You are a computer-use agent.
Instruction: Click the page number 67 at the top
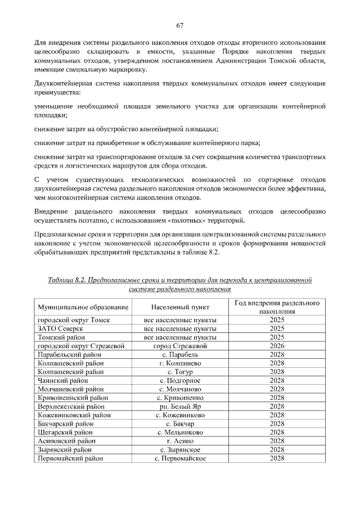coord(180,26)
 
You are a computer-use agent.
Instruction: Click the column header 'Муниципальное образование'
coord(83,308)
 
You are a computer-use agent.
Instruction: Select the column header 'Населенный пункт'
coord(180,308)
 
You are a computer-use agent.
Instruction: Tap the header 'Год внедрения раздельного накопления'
coord(277,307)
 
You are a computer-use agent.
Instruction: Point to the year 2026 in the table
coord(277,346)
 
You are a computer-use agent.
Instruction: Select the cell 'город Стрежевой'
coord(180,346)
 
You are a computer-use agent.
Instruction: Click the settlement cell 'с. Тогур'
coord(180,372)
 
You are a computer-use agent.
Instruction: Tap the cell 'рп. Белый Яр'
coord(180,406)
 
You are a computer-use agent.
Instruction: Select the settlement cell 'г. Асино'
coord(180,441)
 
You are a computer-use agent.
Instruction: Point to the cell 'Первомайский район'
coord(70,458)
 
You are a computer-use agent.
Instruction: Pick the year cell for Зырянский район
coord(277,450)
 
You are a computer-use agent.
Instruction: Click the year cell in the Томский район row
coord(277,337)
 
